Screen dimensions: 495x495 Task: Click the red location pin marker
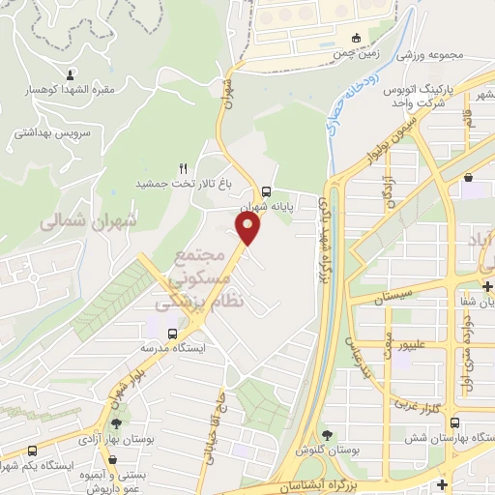249,229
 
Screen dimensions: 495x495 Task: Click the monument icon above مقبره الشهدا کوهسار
71,73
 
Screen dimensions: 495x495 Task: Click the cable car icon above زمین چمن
357,38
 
